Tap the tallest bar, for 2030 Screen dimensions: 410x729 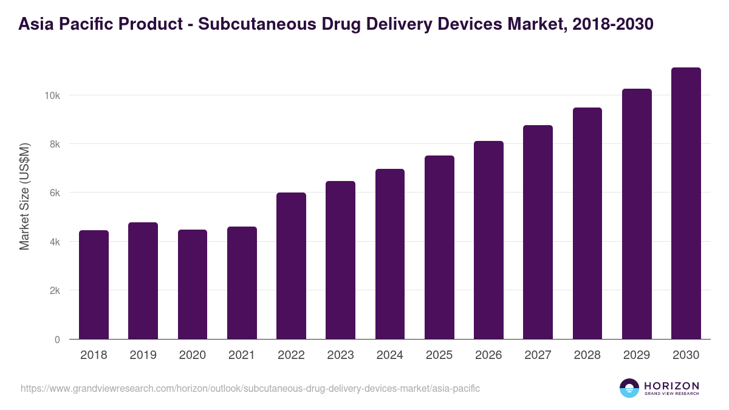pyautogui.click(x=686, y=203)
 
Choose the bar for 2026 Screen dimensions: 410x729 pyautogui.click(x=488, y=240)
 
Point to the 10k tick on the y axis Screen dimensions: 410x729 pyautogui.click(x=52, y=95)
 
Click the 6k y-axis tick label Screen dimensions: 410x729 pyautogui.click(x=53, y=193)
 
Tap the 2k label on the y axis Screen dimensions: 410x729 pyautogui.click(x=53, y=290)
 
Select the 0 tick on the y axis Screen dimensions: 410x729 pyautogui.click(x=57, y=340)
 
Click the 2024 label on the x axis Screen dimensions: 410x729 pyautogui.click(x=389, y=355)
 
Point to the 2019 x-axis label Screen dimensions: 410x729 pyautogui.click(x=143, y=355)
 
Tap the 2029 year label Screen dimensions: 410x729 pyautogui.click(x=637, y=355)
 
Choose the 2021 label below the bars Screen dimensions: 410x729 pyautogui.click(x=242, y=355)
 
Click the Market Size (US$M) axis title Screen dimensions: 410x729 pyautogui.click(x=24, y=196)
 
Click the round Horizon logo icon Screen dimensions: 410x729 pyautogui.click(x=629, y=388)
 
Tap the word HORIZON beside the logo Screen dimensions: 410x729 pyautogui.click(x=671, y=385)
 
